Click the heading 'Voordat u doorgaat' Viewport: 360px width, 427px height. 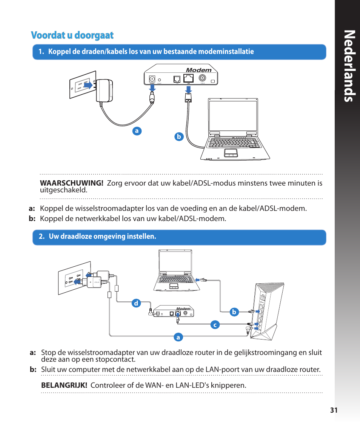tap(72, 35)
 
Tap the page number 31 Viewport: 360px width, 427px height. tap(333, 411)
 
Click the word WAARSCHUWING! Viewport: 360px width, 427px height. tap(72, 183)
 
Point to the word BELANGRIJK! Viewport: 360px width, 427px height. tap(64, 385)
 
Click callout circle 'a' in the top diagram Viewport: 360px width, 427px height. tap(137, 131)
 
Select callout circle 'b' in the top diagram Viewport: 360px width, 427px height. tap(179, 137)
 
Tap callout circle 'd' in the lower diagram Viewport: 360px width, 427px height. tap(136, 303)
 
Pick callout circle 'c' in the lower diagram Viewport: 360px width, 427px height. tap(215, 324)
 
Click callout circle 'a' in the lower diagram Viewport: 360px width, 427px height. tap(178, 337)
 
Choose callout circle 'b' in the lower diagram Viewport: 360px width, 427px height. tap(234, 312)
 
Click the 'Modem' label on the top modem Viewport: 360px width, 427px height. tap(199, 70)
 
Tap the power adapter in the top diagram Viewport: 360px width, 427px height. tap(104, 91)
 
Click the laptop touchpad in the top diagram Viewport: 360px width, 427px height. tap(231, 152)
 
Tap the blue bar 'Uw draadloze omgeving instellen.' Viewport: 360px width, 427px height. tap(179, 237)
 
